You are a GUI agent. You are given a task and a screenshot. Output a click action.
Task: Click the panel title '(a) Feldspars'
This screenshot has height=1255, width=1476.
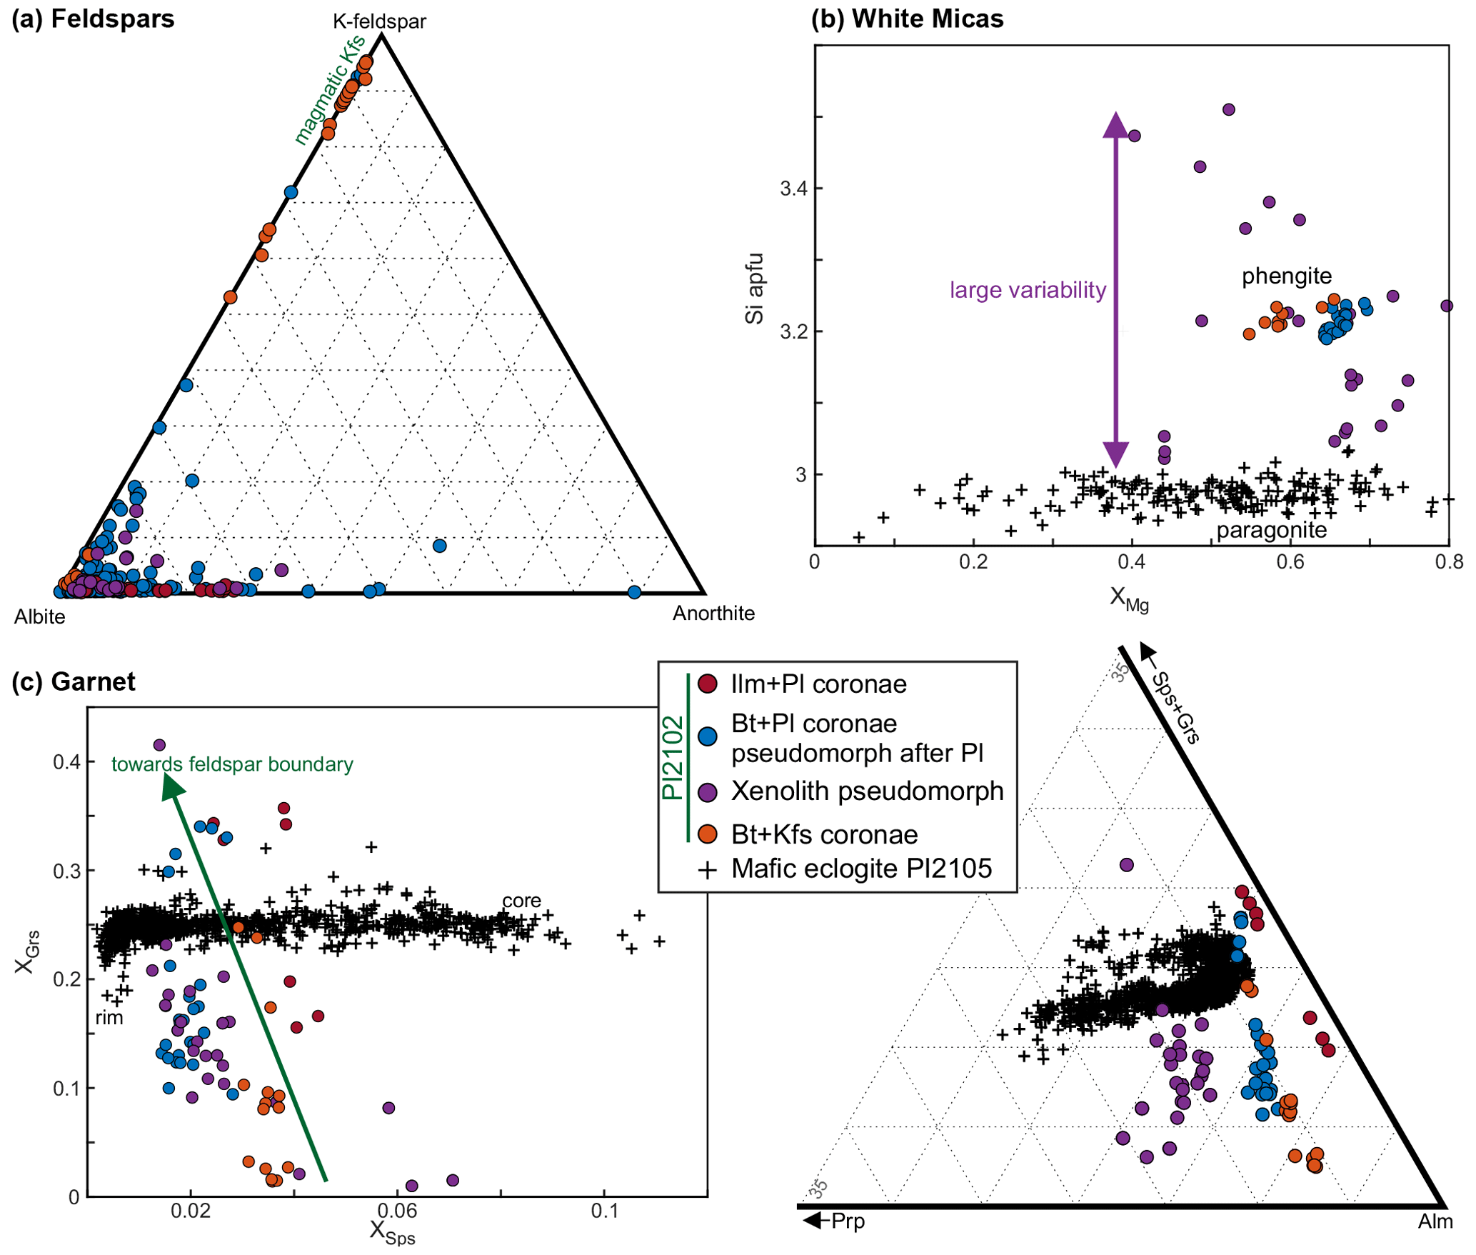(x=93, y=19)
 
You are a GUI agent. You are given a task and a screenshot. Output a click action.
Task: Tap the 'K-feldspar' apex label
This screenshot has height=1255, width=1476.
(x=379, y=21)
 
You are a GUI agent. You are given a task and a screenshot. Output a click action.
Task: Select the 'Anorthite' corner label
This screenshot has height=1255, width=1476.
(x=713, y=613)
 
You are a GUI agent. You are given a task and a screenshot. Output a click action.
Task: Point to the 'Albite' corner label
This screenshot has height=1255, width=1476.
(x=40, y=616)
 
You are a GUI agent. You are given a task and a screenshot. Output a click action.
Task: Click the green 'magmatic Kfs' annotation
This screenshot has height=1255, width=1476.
(x=329, y=89)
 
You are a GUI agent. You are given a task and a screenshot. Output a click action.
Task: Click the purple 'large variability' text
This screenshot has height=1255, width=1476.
(x=1027, y=290)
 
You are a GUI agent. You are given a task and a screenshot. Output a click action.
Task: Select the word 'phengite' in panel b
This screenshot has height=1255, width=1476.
(x=1286, y=276)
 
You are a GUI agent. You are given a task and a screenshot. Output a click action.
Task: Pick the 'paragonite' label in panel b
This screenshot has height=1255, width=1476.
(x=1271, y=530)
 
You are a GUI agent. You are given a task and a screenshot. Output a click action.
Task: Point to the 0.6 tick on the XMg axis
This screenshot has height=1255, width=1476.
(x=1290, y=561)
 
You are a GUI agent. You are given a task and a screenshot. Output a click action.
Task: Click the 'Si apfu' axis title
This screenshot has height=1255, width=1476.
(x=755, y=289)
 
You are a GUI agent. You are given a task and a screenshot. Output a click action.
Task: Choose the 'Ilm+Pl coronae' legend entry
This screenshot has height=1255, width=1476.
(x=818, y=684)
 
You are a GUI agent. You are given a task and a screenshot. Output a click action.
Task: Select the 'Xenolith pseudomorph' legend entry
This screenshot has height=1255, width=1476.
(x=867, y=791)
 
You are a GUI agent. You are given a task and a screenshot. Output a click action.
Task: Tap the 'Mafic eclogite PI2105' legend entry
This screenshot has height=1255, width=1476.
(x=861, y=869)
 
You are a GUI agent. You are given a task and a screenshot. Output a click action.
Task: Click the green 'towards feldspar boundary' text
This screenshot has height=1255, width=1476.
(x=232, y=764)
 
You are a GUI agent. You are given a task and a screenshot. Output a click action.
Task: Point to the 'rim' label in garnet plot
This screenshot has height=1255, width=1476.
(x=109, y=1018)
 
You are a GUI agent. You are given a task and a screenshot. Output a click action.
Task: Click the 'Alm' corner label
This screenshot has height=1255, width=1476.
(x=1435, y=1222)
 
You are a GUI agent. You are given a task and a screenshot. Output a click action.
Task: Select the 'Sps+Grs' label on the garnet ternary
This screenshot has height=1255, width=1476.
(x=1175, y=707)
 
